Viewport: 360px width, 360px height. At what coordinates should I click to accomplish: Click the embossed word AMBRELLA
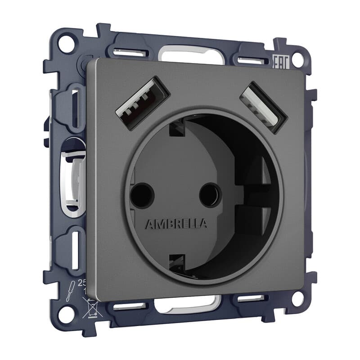176,224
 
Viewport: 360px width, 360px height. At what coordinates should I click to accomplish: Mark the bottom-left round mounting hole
66,313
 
